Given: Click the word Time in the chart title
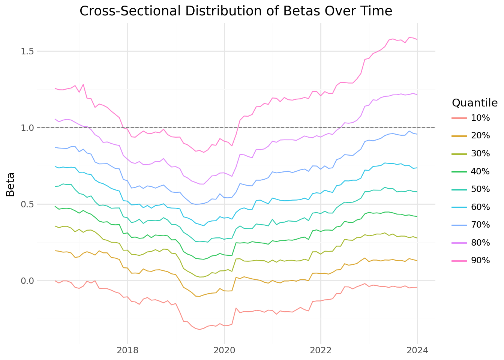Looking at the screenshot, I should click(375, 11).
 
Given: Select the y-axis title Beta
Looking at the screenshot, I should click(10, 184).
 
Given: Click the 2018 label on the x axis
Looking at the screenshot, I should click(127, 350).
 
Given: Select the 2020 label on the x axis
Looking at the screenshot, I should click(224, 350).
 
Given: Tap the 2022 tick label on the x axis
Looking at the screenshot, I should click(321, 350).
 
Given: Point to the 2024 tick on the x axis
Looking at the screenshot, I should click(417, 350).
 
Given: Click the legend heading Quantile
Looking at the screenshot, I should click(474, 103).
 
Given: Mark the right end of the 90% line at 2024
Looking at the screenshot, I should click(417, 39).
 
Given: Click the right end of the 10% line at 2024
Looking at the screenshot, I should click(417, 287).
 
